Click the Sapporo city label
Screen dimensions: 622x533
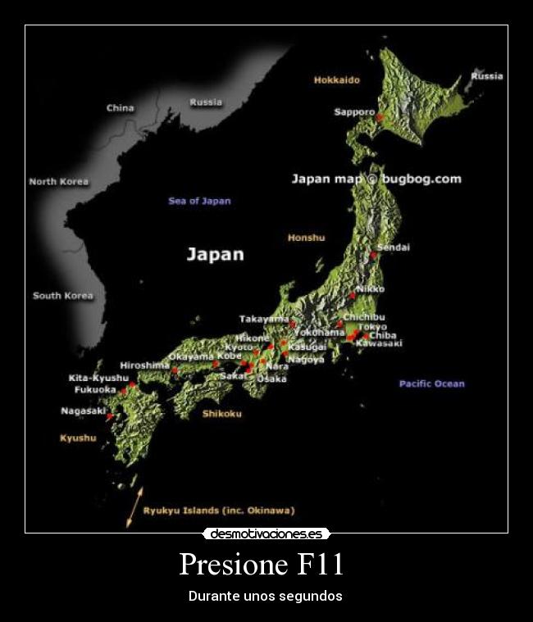[354, 112]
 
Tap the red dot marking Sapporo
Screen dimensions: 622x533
[380, 118]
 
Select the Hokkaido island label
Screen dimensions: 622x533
[336, 80]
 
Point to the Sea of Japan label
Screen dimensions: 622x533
[199, 201]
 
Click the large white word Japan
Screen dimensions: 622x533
[215, 254]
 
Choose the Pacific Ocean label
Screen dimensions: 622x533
[431, 384]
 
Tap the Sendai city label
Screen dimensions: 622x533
[393, 247]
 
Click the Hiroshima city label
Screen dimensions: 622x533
[145, 365]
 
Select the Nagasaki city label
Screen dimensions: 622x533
[84, 411]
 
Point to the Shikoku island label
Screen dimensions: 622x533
[221, 414]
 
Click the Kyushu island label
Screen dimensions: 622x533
[78, 438]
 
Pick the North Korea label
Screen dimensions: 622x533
[59, 181]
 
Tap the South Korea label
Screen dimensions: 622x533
[63, 295]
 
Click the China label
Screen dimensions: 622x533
[120, 107]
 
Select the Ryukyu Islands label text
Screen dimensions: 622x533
[219, 511]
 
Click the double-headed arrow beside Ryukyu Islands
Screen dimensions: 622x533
[134, 506]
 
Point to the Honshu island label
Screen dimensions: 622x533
[306, 238]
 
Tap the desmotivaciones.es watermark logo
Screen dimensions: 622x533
[266, 533]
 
